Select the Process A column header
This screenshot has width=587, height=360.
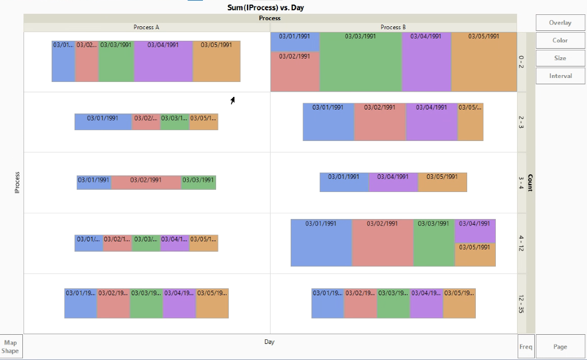click(x=146, y=27)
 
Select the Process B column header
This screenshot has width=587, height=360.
click(x=393, y=27)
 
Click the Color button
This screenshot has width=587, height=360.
click(x=560, y=41)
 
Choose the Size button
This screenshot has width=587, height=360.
click(x=560, y=58)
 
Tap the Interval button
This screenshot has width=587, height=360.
click(x=560, y=76)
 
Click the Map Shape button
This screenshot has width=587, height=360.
click(x=10, y=347)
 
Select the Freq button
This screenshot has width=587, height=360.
click(x=526, y=347)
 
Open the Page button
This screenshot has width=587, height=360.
click(x=560, y=347)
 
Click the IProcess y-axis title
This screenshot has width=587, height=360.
click(x=17, y=182)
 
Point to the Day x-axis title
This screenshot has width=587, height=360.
click(x=269, y=342)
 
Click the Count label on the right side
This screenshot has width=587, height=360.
click(x=530, y=182)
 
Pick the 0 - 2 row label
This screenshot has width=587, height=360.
click(x=521, y=62)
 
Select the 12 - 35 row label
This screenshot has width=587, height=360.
click(x=521, y=304)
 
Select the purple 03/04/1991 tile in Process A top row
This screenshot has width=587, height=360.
click(x=163, y=62)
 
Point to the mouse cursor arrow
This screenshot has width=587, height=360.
click(x=233, y=100)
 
